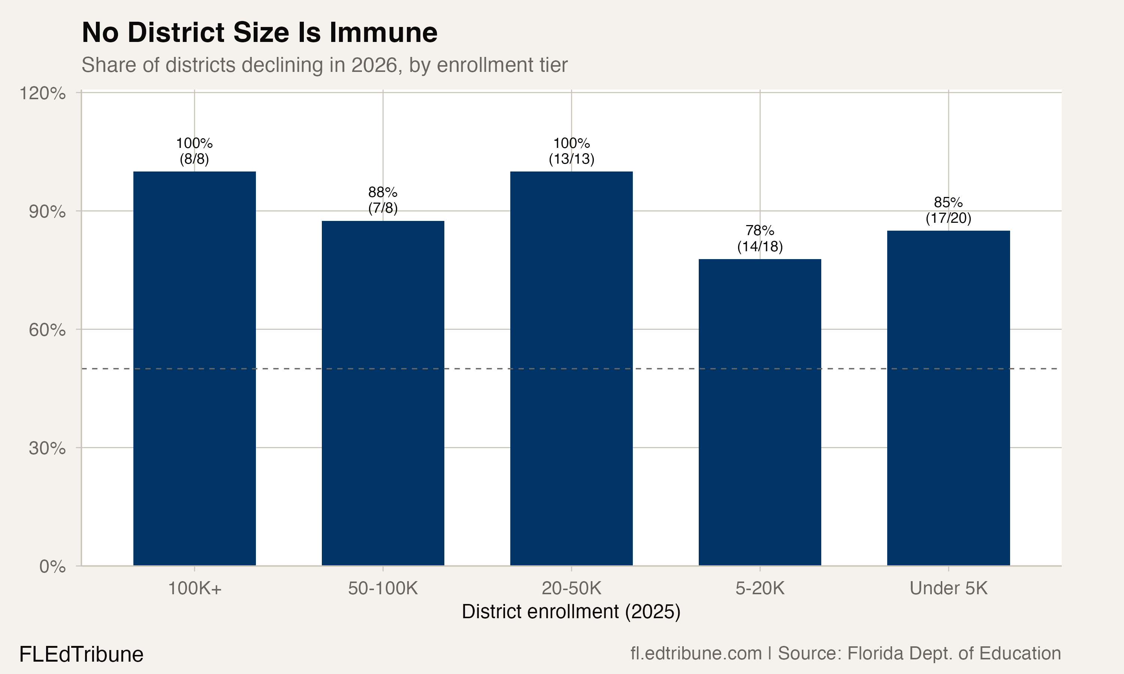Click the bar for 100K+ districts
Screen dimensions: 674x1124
coord(194,368)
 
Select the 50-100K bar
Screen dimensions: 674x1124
coord(383,393)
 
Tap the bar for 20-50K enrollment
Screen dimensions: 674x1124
coord(571,368)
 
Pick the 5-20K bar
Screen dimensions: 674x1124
coord(759,412)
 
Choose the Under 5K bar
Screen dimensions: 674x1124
coord(948,398)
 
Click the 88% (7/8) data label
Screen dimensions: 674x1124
coord(383,200)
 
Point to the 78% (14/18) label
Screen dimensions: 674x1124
coord(759,239)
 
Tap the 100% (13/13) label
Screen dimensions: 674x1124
coord(571,151)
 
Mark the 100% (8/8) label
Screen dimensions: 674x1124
coord(194,151)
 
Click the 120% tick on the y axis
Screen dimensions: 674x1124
coord(42,94)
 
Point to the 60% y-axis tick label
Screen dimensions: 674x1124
coord(47,330)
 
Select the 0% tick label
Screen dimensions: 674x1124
coord(52,567)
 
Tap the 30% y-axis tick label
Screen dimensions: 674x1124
coord(47,449)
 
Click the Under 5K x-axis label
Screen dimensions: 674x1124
coord(948,589)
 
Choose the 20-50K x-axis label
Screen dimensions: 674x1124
coord(571,589)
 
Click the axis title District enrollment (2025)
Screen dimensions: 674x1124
coord(571,612)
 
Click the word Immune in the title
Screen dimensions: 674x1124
coord(383,33)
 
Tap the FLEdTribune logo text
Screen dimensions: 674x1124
coord(81,655)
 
